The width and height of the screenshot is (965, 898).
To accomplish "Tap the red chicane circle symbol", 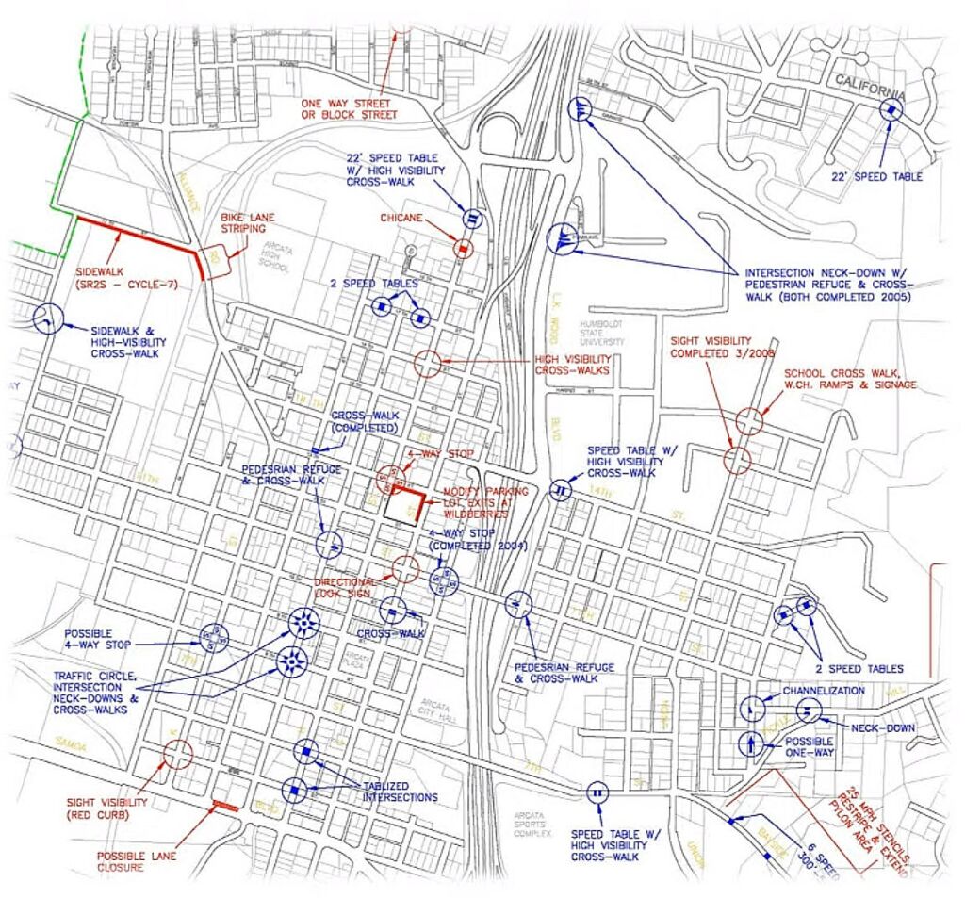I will pyautogui.click(x=463, y=248).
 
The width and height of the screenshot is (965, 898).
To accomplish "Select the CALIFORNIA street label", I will pyautogui.click(x=869, y=88).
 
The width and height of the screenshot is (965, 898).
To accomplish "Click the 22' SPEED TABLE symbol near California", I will pyautogui.click(x=890, y=110).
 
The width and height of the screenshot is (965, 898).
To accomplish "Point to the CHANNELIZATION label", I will pyautogui.click(x=823, y=691).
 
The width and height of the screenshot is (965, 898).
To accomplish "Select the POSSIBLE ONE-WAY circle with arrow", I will pyautogui.click(x=750, y=744).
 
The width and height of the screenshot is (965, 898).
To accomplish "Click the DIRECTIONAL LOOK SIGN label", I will pyautogui.click(x=347, y=587).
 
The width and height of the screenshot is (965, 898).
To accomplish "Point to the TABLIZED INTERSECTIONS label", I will pyautogui.click(x=401, y=792).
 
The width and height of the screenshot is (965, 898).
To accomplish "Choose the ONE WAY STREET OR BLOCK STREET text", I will pyautogui.click(x=349, y=109).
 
